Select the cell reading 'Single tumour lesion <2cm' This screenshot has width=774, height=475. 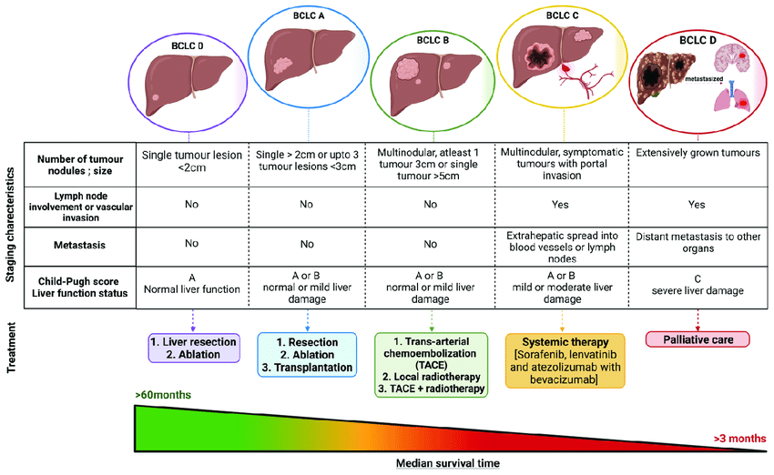click(191, 162)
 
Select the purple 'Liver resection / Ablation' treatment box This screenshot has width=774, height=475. click(192, 349)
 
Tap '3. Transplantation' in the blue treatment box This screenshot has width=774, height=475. click(307, 369)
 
